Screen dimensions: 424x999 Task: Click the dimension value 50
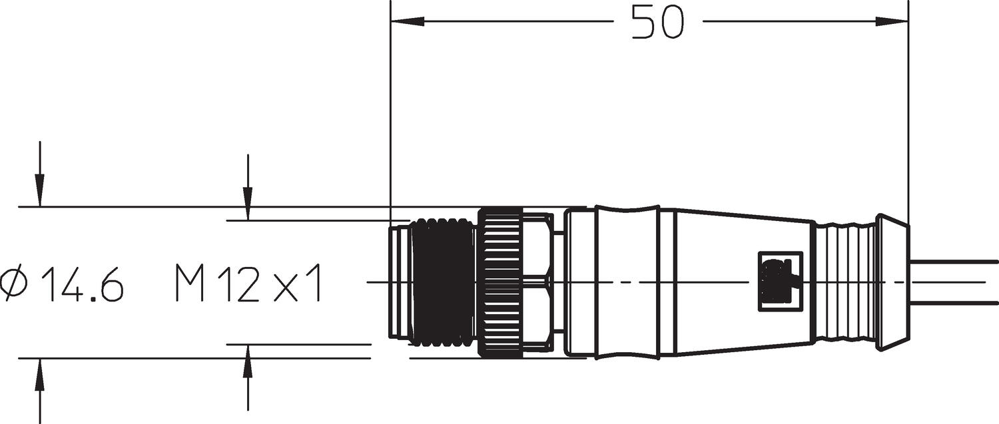(x=657, y=21)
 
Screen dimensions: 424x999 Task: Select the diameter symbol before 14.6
(x=16, y=283)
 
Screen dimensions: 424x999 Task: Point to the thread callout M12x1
(x=248, y=283)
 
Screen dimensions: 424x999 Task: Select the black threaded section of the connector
(x=443, y=283)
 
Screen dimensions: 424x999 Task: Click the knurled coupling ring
(x=500, y=283)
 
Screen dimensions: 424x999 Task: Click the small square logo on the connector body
(x=781, y=281)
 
